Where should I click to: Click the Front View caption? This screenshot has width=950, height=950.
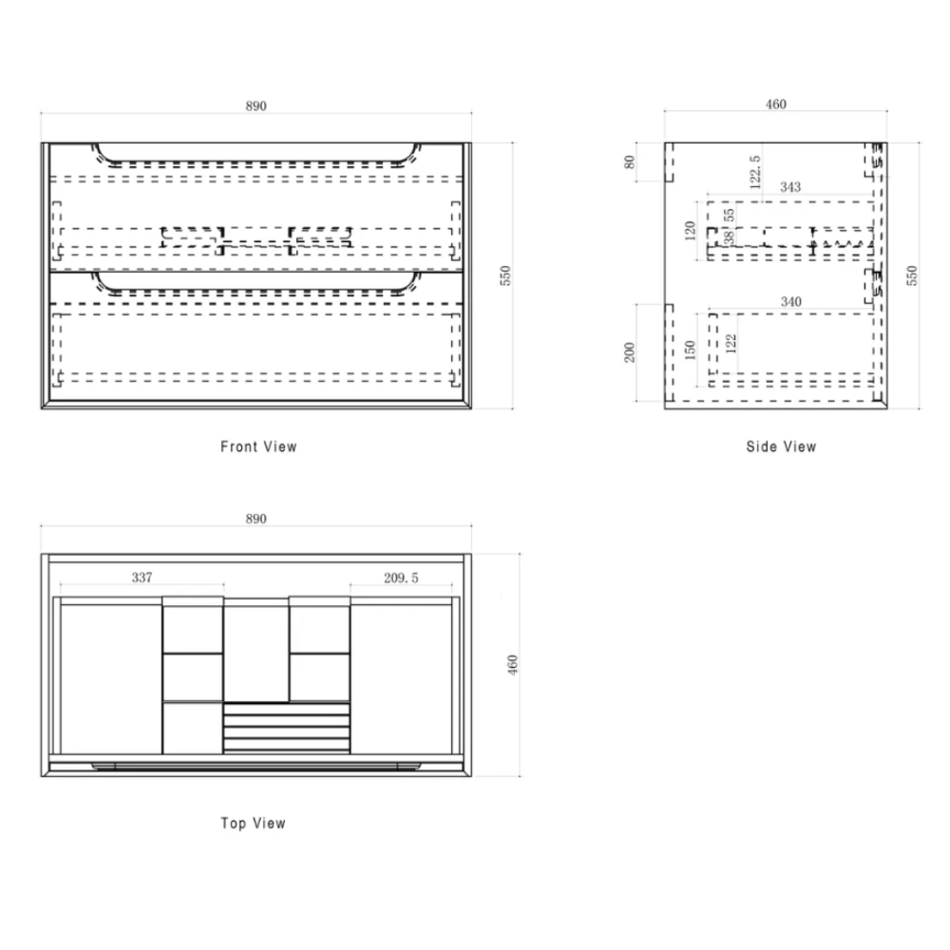click(x=258, y=446)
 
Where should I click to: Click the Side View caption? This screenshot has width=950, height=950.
click(x=781, y=446)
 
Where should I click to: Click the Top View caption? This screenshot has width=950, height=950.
click(x=253, y=824)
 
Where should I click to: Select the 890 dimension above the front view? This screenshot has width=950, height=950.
click(x=256, y=105)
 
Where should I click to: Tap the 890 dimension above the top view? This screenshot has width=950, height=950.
click(x=256, y=520)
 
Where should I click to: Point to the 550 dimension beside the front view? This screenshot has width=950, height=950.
click(x=506, y=275)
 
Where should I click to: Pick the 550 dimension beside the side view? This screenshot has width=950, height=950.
click(x=913, y=275)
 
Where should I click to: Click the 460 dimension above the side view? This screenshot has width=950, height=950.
click(x=776, y=104)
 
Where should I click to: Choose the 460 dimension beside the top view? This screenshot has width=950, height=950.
click(x=513, y=665)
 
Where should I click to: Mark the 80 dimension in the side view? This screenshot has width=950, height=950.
click(x=629, y=161)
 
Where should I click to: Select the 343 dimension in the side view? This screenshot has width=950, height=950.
click(x=789, y=187)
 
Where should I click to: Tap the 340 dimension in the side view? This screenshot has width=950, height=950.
click(x=789, y=302)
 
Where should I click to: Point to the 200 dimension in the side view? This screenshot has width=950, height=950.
click(x=629, y=353)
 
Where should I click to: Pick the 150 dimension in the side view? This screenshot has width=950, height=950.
click(x=691, y=350)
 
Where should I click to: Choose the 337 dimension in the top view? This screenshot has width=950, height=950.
click(x=142, y=577)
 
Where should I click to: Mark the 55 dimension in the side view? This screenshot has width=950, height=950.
click(x=730, y=215)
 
